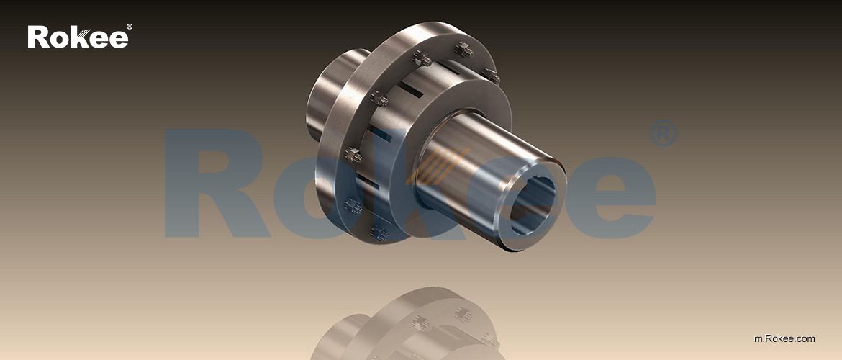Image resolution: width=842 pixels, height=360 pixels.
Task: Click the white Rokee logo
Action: point(78,37)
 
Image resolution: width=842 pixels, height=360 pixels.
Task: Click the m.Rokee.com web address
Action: point(784,338)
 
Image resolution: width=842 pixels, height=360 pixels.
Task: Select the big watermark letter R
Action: point(209,184)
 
